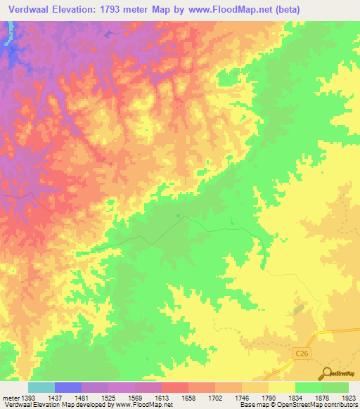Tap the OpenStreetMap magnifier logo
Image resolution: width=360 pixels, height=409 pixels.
[326, 373]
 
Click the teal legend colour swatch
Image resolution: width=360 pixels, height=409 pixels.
[41, 387]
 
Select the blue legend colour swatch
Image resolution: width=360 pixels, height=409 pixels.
[67, 387]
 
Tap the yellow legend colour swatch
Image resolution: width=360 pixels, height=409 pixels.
[281, 387]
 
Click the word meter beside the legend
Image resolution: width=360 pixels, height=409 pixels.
[11, 398]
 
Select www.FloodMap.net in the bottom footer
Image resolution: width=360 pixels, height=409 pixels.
[139, 405]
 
